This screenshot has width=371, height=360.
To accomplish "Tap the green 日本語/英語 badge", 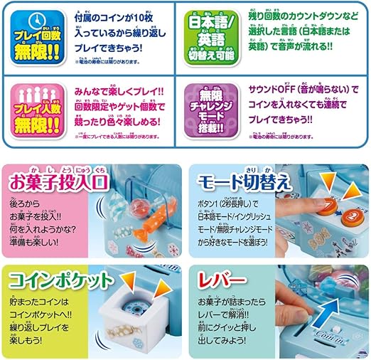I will [210, 35].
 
